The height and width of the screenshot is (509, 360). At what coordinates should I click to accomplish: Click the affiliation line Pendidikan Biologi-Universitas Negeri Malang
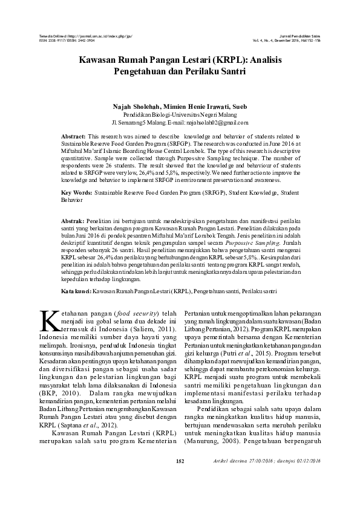pyautogui.click(x=180, y=114)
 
